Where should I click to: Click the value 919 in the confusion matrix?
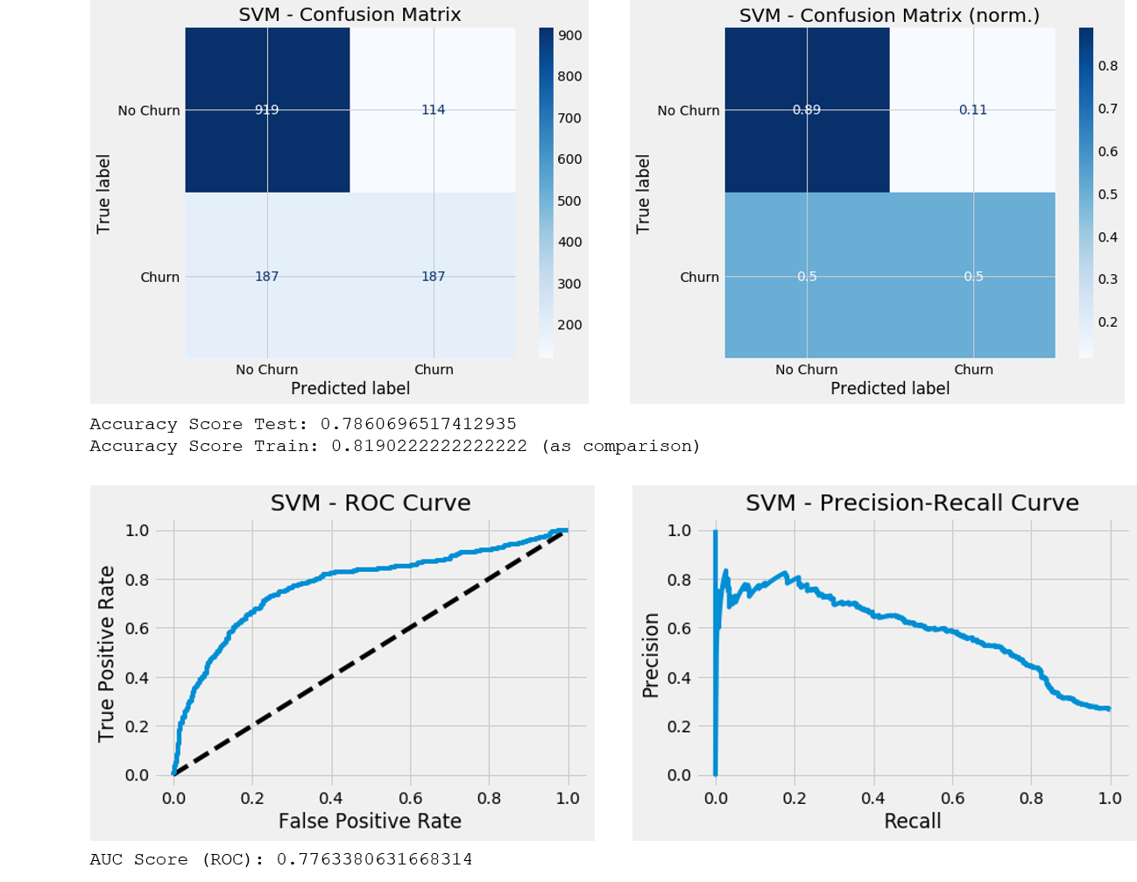point(266,110)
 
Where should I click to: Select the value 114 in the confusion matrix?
point(433,110)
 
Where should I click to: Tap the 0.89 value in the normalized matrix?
point(806,110)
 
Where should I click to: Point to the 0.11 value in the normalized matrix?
point(972,110)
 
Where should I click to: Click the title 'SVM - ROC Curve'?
point(371,504)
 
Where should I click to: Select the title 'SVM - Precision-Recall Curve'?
point(912,504)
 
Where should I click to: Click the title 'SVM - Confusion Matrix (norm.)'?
point(889,16)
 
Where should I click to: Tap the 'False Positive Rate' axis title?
point(370,822)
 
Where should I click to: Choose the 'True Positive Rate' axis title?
point(107,653)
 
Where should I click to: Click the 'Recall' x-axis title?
point(912,822)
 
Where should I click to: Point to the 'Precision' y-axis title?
point(651,655)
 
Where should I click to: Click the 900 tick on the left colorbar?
point(570,36)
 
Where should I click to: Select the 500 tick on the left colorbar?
point(570,201)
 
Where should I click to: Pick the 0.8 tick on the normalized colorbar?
point(1108,66)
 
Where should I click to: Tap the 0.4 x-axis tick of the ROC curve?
point(331,798)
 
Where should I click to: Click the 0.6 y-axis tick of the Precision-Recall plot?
point(679,629)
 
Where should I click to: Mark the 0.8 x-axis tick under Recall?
point(1031,798)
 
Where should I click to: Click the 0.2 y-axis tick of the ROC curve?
point(137,727)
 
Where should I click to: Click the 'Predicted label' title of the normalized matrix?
point(889,389)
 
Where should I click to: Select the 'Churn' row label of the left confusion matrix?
point(159,277)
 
